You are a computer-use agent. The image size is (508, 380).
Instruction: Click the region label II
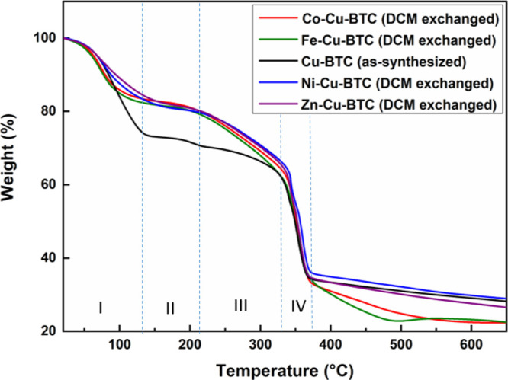tap(170, 308)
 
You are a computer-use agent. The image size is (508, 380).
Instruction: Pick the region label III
tap(240, 305)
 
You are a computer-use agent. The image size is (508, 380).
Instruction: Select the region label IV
tap(298, 306)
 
